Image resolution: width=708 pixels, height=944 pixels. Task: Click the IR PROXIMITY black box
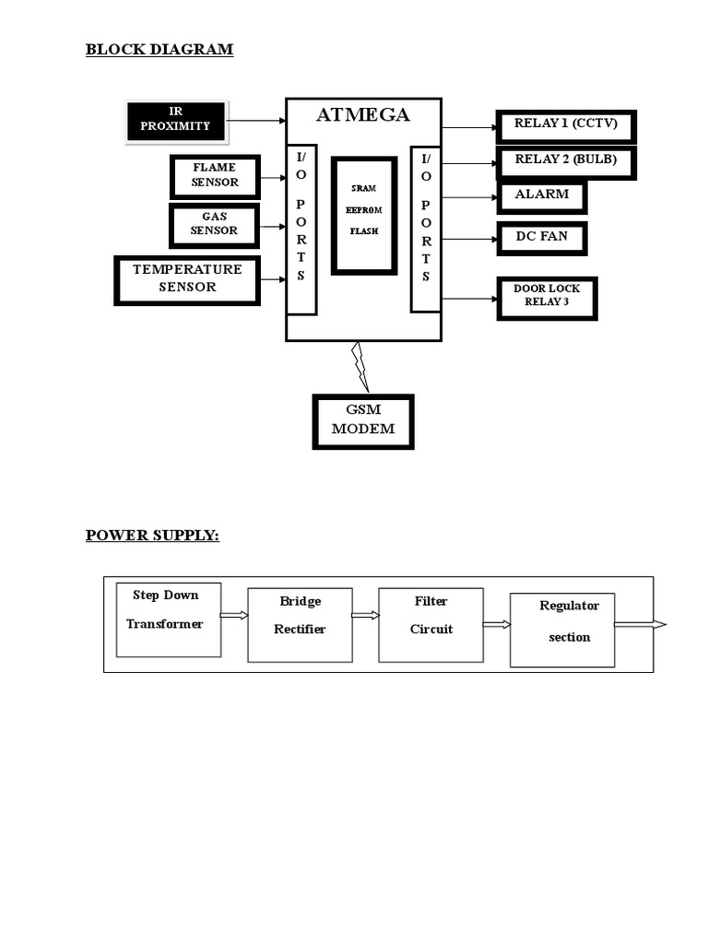point(176,121)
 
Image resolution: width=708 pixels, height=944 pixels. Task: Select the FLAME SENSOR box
point(215,176)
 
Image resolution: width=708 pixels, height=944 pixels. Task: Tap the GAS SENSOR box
point(215,225)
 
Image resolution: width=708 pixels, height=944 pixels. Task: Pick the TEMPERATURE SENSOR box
point(187,279)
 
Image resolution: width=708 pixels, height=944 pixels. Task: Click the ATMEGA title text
point(363,116)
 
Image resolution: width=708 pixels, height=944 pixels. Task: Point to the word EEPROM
point(363,209)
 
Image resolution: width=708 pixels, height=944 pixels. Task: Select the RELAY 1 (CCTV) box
point(566,125)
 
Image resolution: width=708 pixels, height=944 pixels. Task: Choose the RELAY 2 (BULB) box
point(565,160)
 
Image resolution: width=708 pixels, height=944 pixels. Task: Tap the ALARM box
point(542,195)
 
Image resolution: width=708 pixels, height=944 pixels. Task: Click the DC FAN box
point(542,238)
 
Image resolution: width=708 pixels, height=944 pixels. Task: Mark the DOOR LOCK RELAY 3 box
point(547,297)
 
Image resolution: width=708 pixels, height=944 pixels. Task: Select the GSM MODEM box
point(363,420)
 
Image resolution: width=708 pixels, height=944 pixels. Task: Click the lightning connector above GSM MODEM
point(360,366)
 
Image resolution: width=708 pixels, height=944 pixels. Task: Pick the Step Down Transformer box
point(169,619)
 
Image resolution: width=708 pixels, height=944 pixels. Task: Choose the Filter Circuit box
point(431,623)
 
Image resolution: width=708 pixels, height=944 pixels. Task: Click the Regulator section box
point(562,629)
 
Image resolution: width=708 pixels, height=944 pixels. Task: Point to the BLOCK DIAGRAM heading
point(159,50)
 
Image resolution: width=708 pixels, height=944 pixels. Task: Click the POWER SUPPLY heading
point(152,536)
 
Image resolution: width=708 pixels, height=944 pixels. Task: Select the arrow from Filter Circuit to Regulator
point(496,625)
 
